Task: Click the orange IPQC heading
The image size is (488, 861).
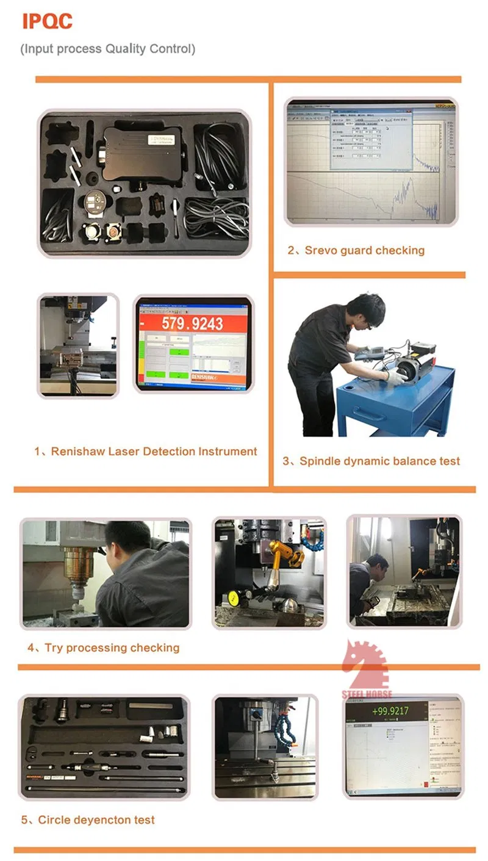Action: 47,21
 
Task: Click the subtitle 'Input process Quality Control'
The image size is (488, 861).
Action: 108,49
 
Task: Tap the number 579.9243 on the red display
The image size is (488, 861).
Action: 193,323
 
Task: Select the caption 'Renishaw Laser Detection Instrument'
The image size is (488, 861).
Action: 145,452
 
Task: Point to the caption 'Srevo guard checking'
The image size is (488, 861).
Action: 356,250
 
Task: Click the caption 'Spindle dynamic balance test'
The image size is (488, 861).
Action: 371,461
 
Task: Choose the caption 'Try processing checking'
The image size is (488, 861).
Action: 103,647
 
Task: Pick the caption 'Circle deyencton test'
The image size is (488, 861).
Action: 88,820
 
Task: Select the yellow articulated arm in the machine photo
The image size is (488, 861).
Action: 284,552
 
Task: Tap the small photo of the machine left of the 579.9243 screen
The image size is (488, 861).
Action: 78,345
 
